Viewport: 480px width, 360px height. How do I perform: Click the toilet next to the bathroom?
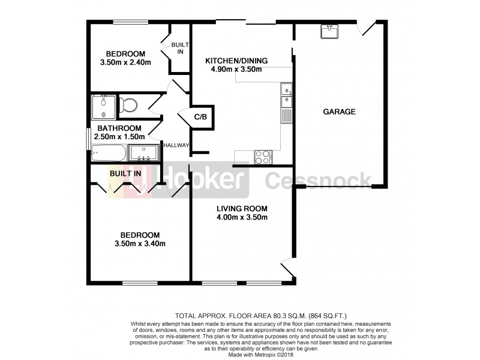(128, 106)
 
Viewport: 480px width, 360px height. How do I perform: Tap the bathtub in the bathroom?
(109, 154)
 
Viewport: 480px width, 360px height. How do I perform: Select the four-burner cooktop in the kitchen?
(263, 157)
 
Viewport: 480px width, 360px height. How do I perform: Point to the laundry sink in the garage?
(329, 31)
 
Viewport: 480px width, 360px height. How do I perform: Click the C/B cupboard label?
(200, 116)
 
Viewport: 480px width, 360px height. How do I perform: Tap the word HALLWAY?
(178, 145)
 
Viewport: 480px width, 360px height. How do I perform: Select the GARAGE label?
(339, 112)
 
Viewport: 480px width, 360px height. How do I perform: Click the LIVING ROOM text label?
(242, 209)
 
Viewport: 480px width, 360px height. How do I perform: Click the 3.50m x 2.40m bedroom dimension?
(126, 62)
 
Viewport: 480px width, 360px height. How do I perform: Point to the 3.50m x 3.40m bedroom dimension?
(140, 244)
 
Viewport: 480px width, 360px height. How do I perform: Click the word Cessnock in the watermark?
(317, 178)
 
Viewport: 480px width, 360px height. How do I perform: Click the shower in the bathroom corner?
(104, 106)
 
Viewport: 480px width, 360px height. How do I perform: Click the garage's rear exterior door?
(367, 28)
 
